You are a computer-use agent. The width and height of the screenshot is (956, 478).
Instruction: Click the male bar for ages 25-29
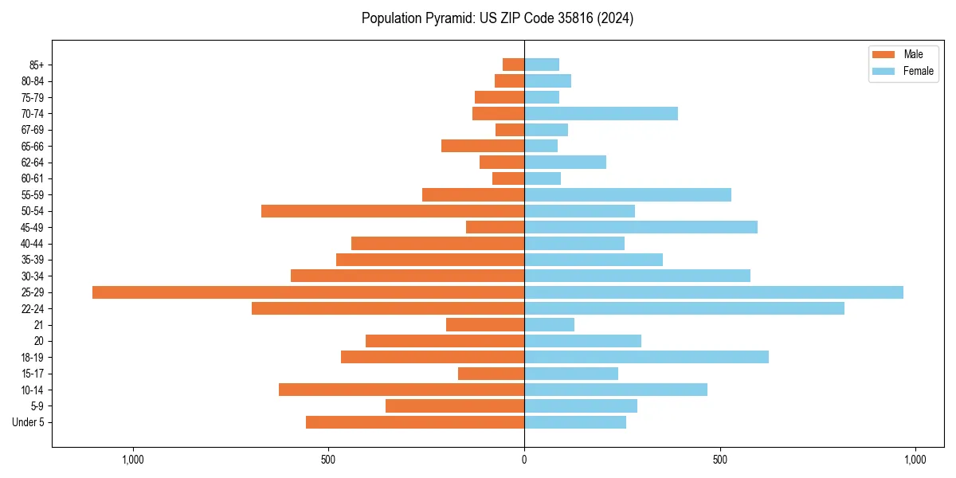[x=308, y=292]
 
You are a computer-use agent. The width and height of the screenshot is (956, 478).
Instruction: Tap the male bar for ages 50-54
[x=393, y=211]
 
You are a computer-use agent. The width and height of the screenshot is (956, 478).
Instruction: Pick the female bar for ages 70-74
[x=601, y=114]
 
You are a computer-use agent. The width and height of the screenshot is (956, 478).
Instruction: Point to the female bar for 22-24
[x=684, y=308]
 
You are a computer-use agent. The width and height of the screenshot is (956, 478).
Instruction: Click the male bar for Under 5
[x=415, y=422]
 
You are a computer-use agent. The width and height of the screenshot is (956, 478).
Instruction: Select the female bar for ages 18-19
[x=646, y=357]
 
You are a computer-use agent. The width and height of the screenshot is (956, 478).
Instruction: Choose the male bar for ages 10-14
[x=402, y=390]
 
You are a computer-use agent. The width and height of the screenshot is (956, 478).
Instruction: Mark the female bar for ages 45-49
[x=641, y=227]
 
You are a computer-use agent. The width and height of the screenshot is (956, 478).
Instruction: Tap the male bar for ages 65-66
[x=483, y=146]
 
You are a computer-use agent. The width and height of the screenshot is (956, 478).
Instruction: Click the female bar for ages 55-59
[x=628, y=195]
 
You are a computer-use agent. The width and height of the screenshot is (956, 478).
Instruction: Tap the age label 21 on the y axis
[x=39, y=325]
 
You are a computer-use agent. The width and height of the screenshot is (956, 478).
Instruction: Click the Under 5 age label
[x=29, y=422]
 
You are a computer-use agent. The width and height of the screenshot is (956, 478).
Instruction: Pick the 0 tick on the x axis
[x=524, y=460]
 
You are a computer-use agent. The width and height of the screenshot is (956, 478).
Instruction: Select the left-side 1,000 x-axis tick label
[x=132, y=460]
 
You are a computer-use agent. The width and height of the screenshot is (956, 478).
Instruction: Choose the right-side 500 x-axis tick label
[x=719, y=460]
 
